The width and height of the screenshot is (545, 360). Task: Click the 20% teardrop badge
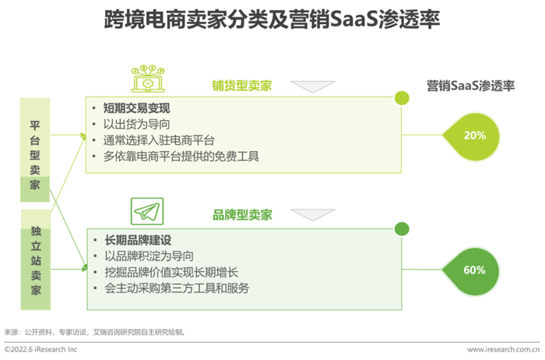point(472,136)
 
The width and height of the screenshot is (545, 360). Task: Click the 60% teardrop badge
point(472,270)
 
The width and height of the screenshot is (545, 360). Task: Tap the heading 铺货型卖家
point(242,86)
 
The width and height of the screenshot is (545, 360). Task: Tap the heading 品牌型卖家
point(242,215)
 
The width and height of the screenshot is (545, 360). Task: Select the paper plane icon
point(147,211)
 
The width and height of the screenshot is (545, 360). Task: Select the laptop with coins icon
point(148,79)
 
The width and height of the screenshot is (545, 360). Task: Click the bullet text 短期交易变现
point(136,108)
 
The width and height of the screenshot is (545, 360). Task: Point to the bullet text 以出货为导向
point(136,124)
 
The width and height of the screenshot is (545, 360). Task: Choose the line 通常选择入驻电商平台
point(159,140)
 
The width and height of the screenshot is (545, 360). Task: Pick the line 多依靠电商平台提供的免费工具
point(181,156)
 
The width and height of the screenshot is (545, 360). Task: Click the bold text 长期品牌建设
point(138,240)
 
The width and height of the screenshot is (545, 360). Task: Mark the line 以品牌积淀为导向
point(149,256)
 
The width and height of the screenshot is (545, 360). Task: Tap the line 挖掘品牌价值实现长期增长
point(171,272)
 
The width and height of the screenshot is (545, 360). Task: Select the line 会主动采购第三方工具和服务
point(177,288)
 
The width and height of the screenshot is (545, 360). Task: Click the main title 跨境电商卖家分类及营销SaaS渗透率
point(272,19)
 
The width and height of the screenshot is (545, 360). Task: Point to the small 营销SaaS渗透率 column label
point(470,86)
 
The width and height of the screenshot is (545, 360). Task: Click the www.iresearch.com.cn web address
point(503,350)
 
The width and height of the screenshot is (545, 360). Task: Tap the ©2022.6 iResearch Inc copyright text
point(41,349)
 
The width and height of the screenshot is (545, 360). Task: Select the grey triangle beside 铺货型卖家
point(313,86)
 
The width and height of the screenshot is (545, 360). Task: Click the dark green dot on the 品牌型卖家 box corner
point(402,229)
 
